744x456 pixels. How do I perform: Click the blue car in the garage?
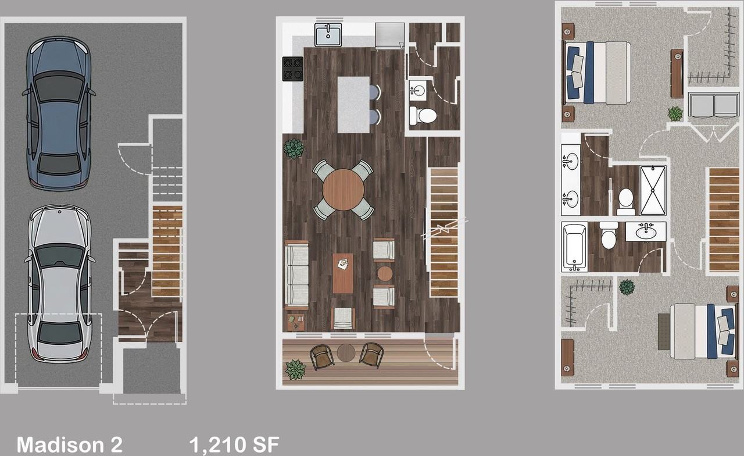click(59, 113)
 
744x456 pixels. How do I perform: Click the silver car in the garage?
click(59, 283)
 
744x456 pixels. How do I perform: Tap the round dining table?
click(344, 190)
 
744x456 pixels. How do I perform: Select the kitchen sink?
click(328, 34)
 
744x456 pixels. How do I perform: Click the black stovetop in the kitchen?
click(292, 69)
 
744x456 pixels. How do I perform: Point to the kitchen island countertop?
click(353, 105)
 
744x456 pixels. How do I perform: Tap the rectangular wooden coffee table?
click(343, 273)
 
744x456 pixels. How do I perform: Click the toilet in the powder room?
click(423, 116)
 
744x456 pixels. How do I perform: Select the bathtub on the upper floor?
click(574, 248)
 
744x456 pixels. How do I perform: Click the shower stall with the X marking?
click(653, 191)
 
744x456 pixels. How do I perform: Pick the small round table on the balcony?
click(346, 352)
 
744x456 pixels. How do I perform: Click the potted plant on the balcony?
click(295, 369)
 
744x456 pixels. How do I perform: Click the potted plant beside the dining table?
click(294, 148)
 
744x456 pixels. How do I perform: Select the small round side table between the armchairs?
click(385, 273)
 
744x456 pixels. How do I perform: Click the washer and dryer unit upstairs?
click(714, 105)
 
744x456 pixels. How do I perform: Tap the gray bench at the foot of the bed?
click(664, 332)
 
